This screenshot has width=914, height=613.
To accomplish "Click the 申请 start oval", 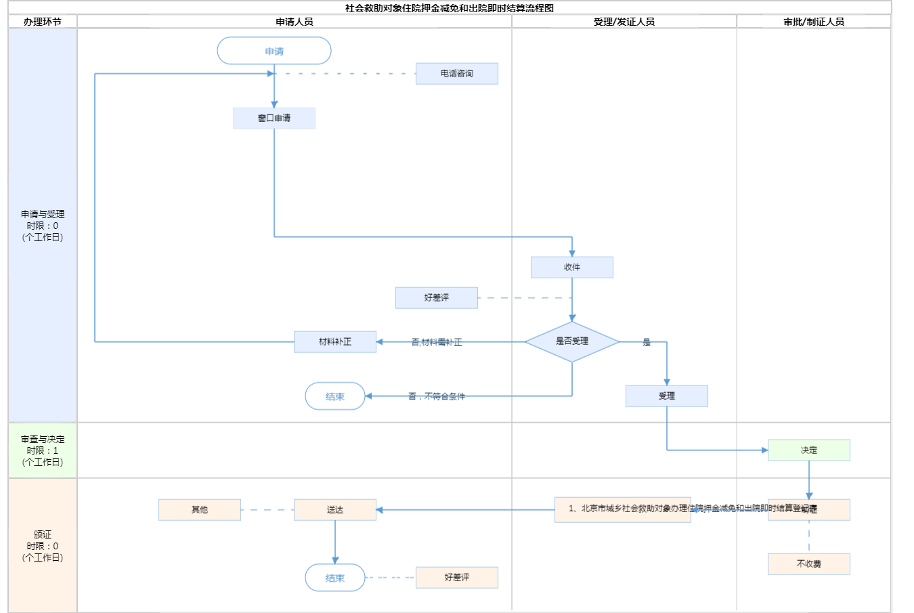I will [274, 51].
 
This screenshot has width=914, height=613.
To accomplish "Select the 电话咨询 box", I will [457, 73].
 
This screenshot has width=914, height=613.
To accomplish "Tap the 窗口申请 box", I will [274, 118].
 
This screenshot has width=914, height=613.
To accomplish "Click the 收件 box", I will [572, 267].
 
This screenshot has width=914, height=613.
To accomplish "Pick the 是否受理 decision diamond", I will [572, 341].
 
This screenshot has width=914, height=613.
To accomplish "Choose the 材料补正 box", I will [335, 341].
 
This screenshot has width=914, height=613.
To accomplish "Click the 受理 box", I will [667, 396].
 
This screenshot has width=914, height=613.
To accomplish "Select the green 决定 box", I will [809, 450].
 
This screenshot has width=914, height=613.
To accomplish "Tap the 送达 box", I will [335, 509].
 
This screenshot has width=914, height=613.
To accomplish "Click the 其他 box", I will [200, 509].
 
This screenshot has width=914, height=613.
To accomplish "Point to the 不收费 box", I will [809, 564].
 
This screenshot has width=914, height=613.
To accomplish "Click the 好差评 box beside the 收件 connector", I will [437, 297].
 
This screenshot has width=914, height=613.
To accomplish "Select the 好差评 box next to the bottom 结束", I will [457, 577].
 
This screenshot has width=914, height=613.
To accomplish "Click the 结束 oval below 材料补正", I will [335, 396].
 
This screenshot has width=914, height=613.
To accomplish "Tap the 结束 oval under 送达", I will [335, 578].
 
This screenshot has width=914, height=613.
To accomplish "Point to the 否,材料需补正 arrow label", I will [437, 343].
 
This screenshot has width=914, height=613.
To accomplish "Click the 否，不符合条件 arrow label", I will [437, 396].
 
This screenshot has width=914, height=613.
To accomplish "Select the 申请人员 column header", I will [295, 22].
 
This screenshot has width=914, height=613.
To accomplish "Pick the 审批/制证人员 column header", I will [814, 22].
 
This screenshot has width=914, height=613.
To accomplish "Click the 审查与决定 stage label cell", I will [43, 450].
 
